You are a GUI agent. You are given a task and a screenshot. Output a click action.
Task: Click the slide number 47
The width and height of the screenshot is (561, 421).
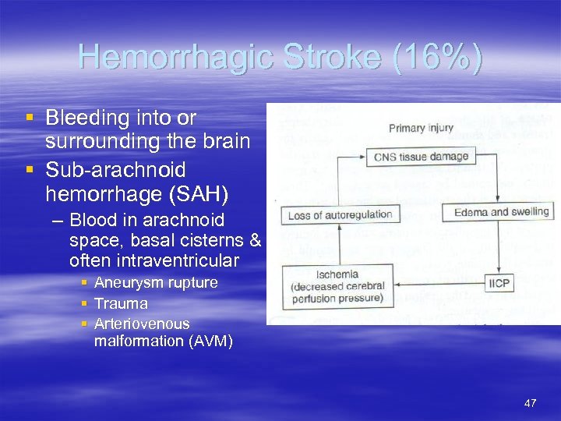click(531, 403)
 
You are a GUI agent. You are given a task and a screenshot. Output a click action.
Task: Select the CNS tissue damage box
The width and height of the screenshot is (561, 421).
click(422, 157)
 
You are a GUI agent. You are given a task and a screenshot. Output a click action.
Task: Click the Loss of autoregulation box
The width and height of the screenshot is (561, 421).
click(340, 214)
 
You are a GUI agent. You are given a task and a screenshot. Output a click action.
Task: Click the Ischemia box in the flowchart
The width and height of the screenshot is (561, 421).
click(339, 285)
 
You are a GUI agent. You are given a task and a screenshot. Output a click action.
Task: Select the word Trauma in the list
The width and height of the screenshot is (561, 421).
click(121, 303)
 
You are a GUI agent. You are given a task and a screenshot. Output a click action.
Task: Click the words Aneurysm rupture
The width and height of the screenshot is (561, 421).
click(155, 282)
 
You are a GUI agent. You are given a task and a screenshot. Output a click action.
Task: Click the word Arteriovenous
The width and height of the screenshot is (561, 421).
click(141, 323)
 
